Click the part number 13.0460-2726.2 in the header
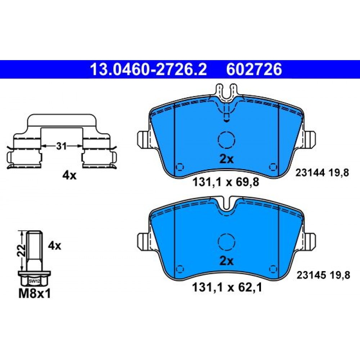coord(149,69)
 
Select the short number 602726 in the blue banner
coord(254,69)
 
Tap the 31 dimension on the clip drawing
coord(61,146)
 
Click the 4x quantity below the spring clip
coord(69,176)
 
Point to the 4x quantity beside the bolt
coord(54,246)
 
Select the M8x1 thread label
coord(35,294)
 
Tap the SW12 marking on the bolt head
coord(34,281)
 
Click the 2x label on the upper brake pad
coord(226,159)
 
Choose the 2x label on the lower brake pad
coord(226,261)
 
